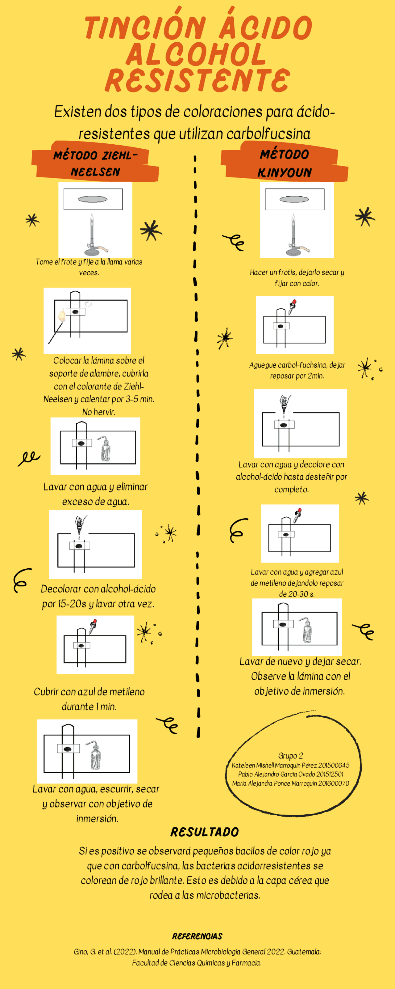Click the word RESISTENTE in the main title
point(197,80)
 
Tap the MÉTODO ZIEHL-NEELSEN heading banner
point(95,162)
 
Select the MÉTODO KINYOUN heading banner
point(284,162)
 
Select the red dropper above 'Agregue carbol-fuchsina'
point(293,307)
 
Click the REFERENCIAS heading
point(197,936)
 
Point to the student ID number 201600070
point(334,783)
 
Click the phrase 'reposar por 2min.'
point(297,376)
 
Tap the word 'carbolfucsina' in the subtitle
point(268,134)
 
